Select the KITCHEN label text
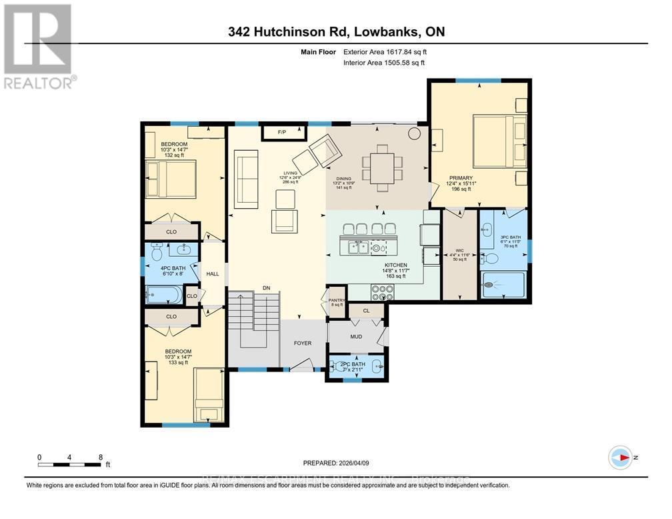click(391, 265)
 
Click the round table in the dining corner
click(415, 133)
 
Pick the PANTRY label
click(337, 301)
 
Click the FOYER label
click(303, 343)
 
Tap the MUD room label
click(356, 337)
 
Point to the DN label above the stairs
click(266, 288)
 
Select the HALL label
click(212, 274)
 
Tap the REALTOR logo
click(39, 47)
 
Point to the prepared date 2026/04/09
click(352, 462)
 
